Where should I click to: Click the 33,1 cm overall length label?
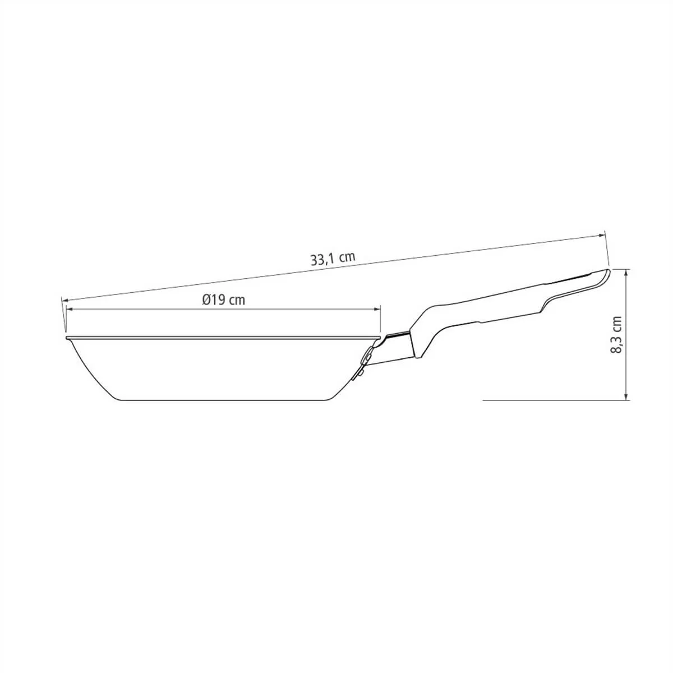333,259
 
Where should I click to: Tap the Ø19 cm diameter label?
224,299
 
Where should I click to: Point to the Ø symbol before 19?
206,299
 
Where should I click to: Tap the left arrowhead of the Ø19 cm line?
70,308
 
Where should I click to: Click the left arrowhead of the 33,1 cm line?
65,289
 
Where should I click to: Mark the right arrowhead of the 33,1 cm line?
601,236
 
